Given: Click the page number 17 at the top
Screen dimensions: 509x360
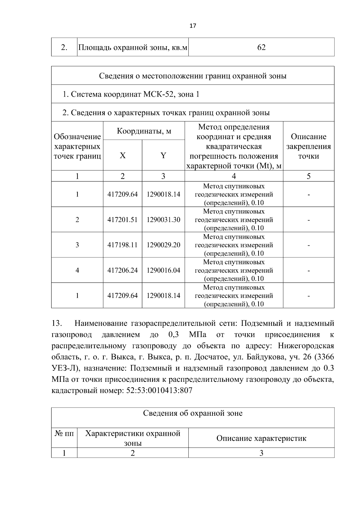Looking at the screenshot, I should (x=193, y=26).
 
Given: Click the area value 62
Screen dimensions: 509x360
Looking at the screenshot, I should (x=261, y=47).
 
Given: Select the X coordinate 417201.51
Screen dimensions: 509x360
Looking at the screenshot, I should (x=122, y=220).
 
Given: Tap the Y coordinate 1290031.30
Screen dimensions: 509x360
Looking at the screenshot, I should (x=163, y=220).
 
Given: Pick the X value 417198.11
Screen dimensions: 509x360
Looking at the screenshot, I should (x=122, y=245).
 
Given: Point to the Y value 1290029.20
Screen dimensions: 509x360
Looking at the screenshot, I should (x=163, y=245).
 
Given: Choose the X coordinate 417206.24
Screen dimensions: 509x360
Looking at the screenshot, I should (x=122, y=270).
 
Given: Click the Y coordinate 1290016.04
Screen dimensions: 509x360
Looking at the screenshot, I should (x=163, y=270).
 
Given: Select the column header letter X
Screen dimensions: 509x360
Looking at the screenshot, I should (x=122, y=155).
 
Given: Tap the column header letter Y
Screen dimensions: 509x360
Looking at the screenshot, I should (x=163, y=155).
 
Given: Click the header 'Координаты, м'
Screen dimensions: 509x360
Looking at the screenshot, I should (x=144, y=131).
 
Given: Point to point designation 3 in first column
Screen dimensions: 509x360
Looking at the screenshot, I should (x=77, y=245).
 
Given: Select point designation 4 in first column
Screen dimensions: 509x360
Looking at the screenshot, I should (x=77, y=270).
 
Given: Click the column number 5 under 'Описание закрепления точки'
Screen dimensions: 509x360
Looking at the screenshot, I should (x=308, y=176).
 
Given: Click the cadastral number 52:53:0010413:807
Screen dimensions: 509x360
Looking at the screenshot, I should (x=157, y=391).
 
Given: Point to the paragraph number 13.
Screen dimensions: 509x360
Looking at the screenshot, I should (x=57, y=323).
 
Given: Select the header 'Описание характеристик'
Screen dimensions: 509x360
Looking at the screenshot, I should (x=261, y=438).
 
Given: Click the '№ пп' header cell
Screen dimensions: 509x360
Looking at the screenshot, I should (x=64, y=433).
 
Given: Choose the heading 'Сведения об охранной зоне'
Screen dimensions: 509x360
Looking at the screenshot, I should (x=193, y=413).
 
